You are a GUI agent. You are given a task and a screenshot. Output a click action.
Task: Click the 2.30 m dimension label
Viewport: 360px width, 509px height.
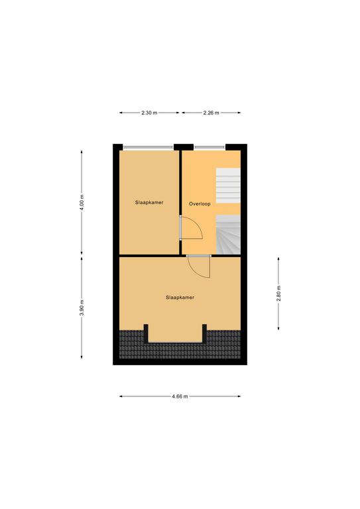(x=149, y=113)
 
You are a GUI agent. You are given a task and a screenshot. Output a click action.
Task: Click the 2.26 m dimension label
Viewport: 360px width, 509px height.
(x=211, y=113)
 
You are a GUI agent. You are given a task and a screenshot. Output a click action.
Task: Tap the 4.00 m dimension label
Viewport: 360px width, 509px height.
(x=82, y=203)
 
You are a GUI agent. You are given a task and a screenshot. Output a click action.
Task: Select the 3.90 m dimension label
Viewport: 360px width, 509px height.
(x=82, y=308)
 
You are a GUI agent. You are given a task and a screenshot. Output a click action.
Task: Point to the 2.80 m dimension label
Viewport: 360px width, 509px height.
(x=278, y=294)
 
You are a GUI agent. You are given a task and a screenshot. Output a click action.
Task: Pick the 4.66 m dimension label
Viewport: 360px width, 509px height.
(x=180, y=396)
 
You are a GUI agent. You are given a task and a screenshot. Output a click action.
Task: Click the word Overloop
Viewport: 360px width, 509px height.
(x=200, y=204)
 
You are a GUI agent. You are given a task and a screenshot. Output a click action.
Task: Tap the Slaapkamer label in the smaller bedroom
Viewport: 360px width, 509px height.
(x=149, y=203)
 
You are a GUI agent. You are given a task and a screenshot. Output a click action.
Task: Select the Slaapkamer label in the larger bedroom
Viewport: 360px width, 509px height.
(x=180, y=298)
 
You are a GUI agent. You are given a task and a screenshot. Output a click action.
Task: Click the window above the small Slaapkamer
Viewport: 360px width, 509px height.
(x=148, y=147)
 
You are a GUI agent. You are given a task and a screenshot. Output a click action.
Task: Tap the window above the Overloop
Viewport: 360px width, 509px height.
(x=210, y=147)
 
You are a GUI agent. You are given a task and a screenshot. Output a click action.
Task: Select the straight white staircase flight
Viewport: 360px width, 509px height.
(x=228, y=186)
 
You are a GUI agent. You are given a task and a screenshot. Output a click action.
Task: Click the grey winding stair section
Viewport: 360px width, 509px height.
(x=228, y=235)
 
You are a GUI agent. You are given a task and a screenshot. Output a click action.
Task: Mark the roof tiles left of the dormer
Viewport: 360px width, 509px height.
(x=131, y=344)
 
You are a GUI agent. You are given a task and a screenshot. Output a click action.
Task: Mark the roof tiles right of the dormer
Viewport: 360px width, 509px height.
(x=224, y=344)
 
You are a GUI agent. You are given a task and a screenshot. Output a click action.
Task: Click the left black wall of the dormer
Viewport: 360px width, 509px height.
(x=146, y=333)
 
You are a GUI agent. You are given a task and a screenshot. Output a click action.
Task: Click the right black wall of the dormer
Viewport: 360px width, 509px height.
(x=204, y=333)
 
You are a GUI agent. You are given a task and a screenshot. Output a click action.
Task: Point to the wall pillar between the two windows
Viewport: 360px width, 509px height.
(x=184, y=147)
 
